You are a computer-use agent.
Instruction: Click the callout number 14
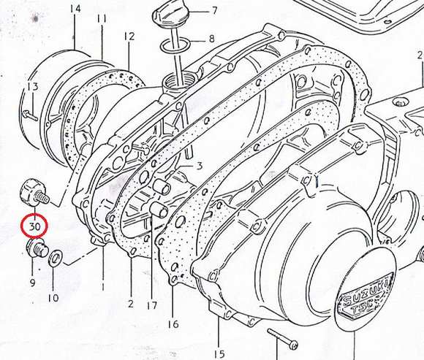coord(75,9)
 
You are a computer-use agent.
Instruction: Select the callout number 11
coord(102,19)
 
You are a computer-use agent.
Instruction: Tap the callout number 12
coord(129,37)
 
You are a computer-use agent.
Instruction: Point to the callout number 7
coord(214,10)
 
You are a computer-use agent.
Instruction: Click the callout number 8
coord(211,39)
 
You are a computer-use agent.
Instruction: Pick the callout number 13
coord(33,86)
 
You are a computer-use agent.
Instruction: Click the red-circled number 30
coord(35,226)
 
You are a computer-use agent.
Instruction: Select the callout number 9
coord(32,283)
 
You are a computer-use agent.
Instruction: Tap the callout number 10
coord(53,298)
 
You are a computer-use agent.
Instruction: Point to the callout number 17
coord(152,305)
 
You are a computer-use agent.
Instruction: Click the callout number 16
coord(173,323)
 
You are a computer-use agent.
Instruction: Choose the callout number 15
coord(219,353)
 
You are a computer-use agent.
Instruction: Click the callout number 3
coord(200,166)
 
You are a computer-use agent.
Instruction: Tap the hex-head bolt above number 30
coord(35,195)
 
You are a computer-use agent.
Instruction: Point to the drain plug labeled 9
coord(37,248)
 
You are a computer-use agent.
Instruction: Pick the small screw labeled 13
coord(30,115)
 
